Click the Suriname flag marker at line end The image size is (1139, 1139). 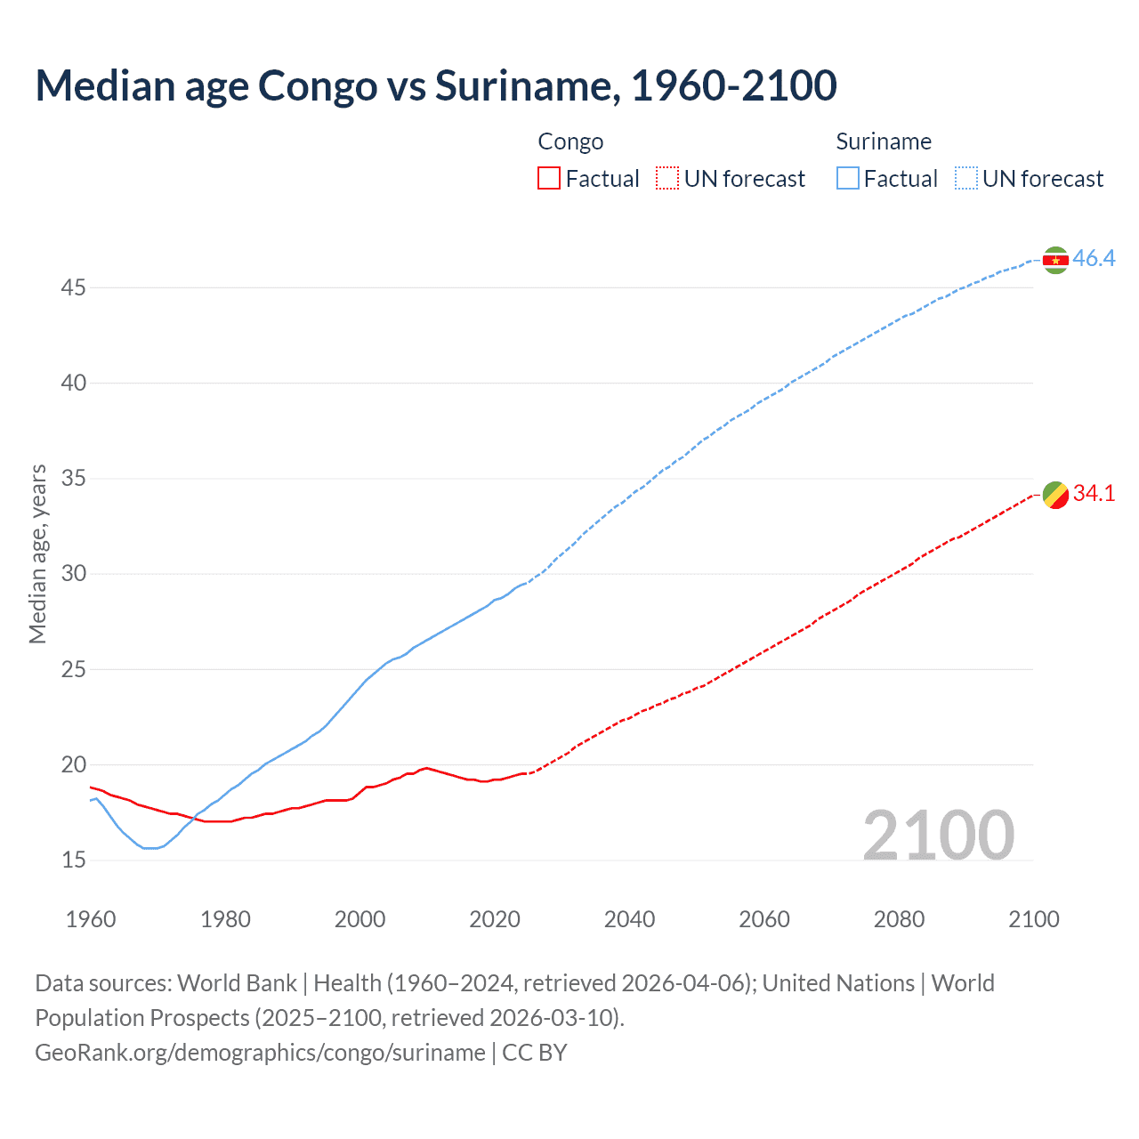click(1055, 260)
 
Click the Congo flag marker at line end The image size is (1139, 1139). click(1055, 495)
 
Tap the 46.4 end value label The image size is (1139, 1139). click(1094, 259)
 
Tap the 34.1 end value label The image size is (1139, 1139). click(1094, 494)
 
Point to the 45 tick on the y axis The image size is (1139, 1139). click(74, 288)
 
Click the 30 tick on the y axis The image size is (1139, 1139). click(74, 574)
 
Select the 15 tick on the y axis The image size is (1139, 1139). click(74, 860)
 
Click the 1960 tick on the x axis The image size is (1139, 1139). click(91, 919)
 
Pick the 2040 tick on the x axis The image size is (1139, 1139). click(629, 919)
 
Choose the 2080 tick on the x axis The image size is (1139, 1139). click(899, 919)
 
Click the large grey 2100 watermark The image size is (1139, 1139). click(938, 836)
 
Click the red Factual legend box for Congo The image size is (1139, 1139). click(549, 179)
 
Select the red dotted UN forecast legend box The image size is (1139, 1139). click(667, 179)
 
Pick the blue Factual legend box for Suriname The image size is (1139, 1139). click(848, 179)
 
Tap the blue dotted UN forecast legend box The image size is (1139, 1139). click(965, 179)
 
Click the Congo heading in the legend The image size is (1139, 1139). click(570, 142)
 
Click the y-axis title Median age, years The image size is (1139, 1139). click(37, 553)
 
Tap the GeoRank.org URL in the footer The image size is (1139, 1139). click(260, 1053)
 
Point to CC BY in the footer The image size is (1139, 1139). click(535, 1053)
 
